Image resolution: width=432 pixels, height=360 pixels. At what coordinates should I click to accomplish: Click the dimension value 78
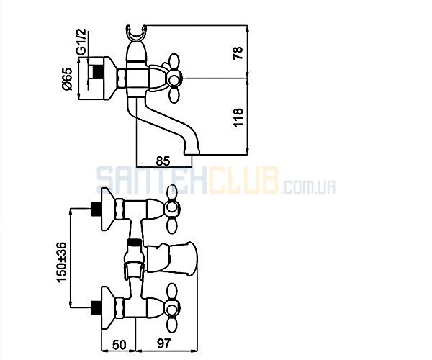pyautogui.click(x=238, y=53)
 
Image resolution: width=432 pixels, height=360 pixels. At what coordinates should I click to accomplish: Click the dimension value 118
pyautogui.click(x=238, y=117)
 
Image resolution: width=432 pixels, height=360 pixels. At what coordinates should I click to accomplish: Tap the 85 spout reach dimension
pyautogui.click(x=163, y=161)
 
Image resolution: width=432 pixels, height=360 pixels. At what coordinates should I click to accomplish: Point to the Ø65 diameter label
pyautogui.click(x=67, y=78)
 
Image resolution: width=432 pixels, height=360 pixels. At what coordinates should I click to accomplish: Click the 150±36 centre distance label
pyautogui.click(x=62, y=262)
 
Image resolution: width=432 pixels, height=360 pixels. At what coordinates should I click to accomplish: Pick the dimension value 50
pyautogui.click(x=120, y=344)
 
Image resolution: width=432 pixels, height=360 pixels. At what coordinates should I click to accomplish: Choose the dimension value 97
pyautogui.click(x=163, y=343)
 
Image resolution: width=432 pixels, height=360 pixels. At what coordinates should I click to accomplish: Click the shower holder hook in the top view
pyautogui.click(x=137, y=34)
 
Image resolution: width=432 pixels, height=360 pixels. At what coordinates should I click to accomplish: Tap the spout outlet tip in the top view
pyautogui.click(x=192, y=152)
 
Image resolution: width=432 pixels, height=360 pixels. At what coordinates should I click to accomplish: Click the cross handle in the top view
pyautogui.click(x=174, y=78)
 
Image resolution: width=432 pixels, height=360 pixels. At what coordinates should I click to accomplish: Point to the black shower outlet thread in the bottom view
pyautogui.click(x=135, y=243)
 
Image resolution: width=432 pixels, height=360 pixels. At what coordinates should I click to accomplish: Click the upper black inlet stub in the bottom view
pyautogui.click(x=95, y=210)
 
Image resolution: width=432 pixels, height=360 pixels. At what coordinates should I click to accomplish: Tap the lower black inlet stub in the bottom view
pyautogui.click(x=95, y=307)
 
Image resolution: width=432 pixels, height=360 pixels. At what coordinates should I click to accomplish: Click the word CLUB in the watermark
pyautogui.click(x=243, y=180)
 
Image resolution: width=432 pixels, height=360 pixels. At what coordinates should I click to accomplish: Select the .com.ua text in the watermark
pyautogui.click(x=308, y=187)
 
